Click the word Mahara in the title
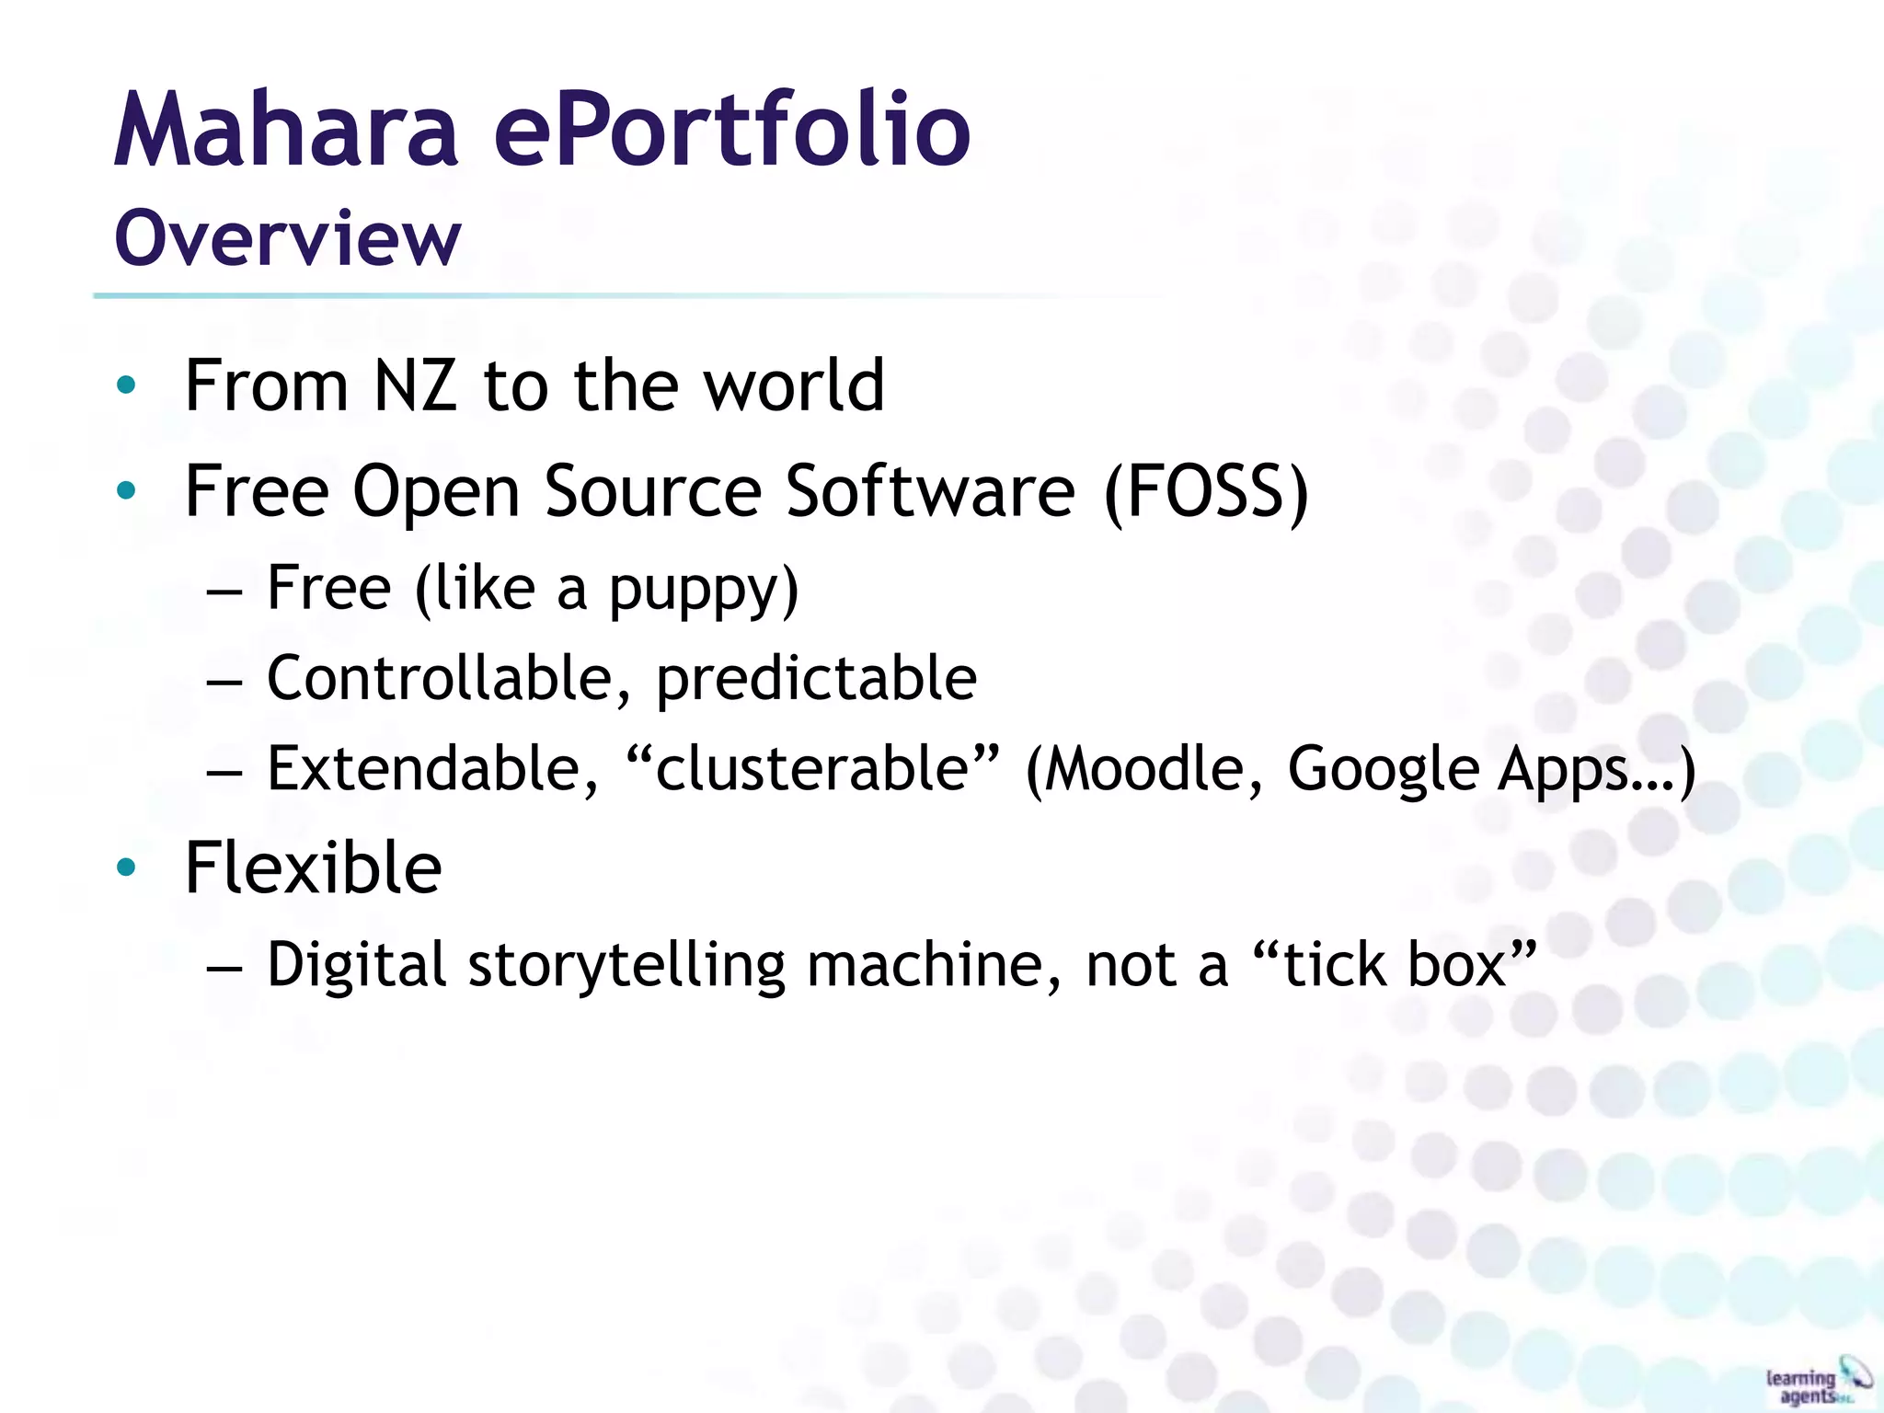pyautogui.click(x=285, y=131)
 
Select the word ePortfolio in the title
pyautogui.click(x=731, y=131)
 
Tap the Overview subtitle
pyautogui.click(x=287, y=239)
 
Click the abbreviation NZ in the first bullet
pyautogui.click(x=415, y=385)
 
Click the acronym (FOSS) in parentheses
pyautogui.click(x=1206, y=492)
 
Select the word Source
pyautogui.click(x=652, y=492)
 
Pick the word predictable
pyautogui.click(x=816, y=679)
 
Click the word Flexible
pyautogui.click(x=313, y=868)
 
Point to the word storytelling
pyautogui.click(x=626, y=966)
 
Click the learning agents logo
pyautogui.click(x=1816, y=1382)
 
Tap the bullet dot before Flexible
pyautogui.click(x=127, y=867)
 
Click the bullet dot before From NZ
pyautogui.click(x=127, y=385)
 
